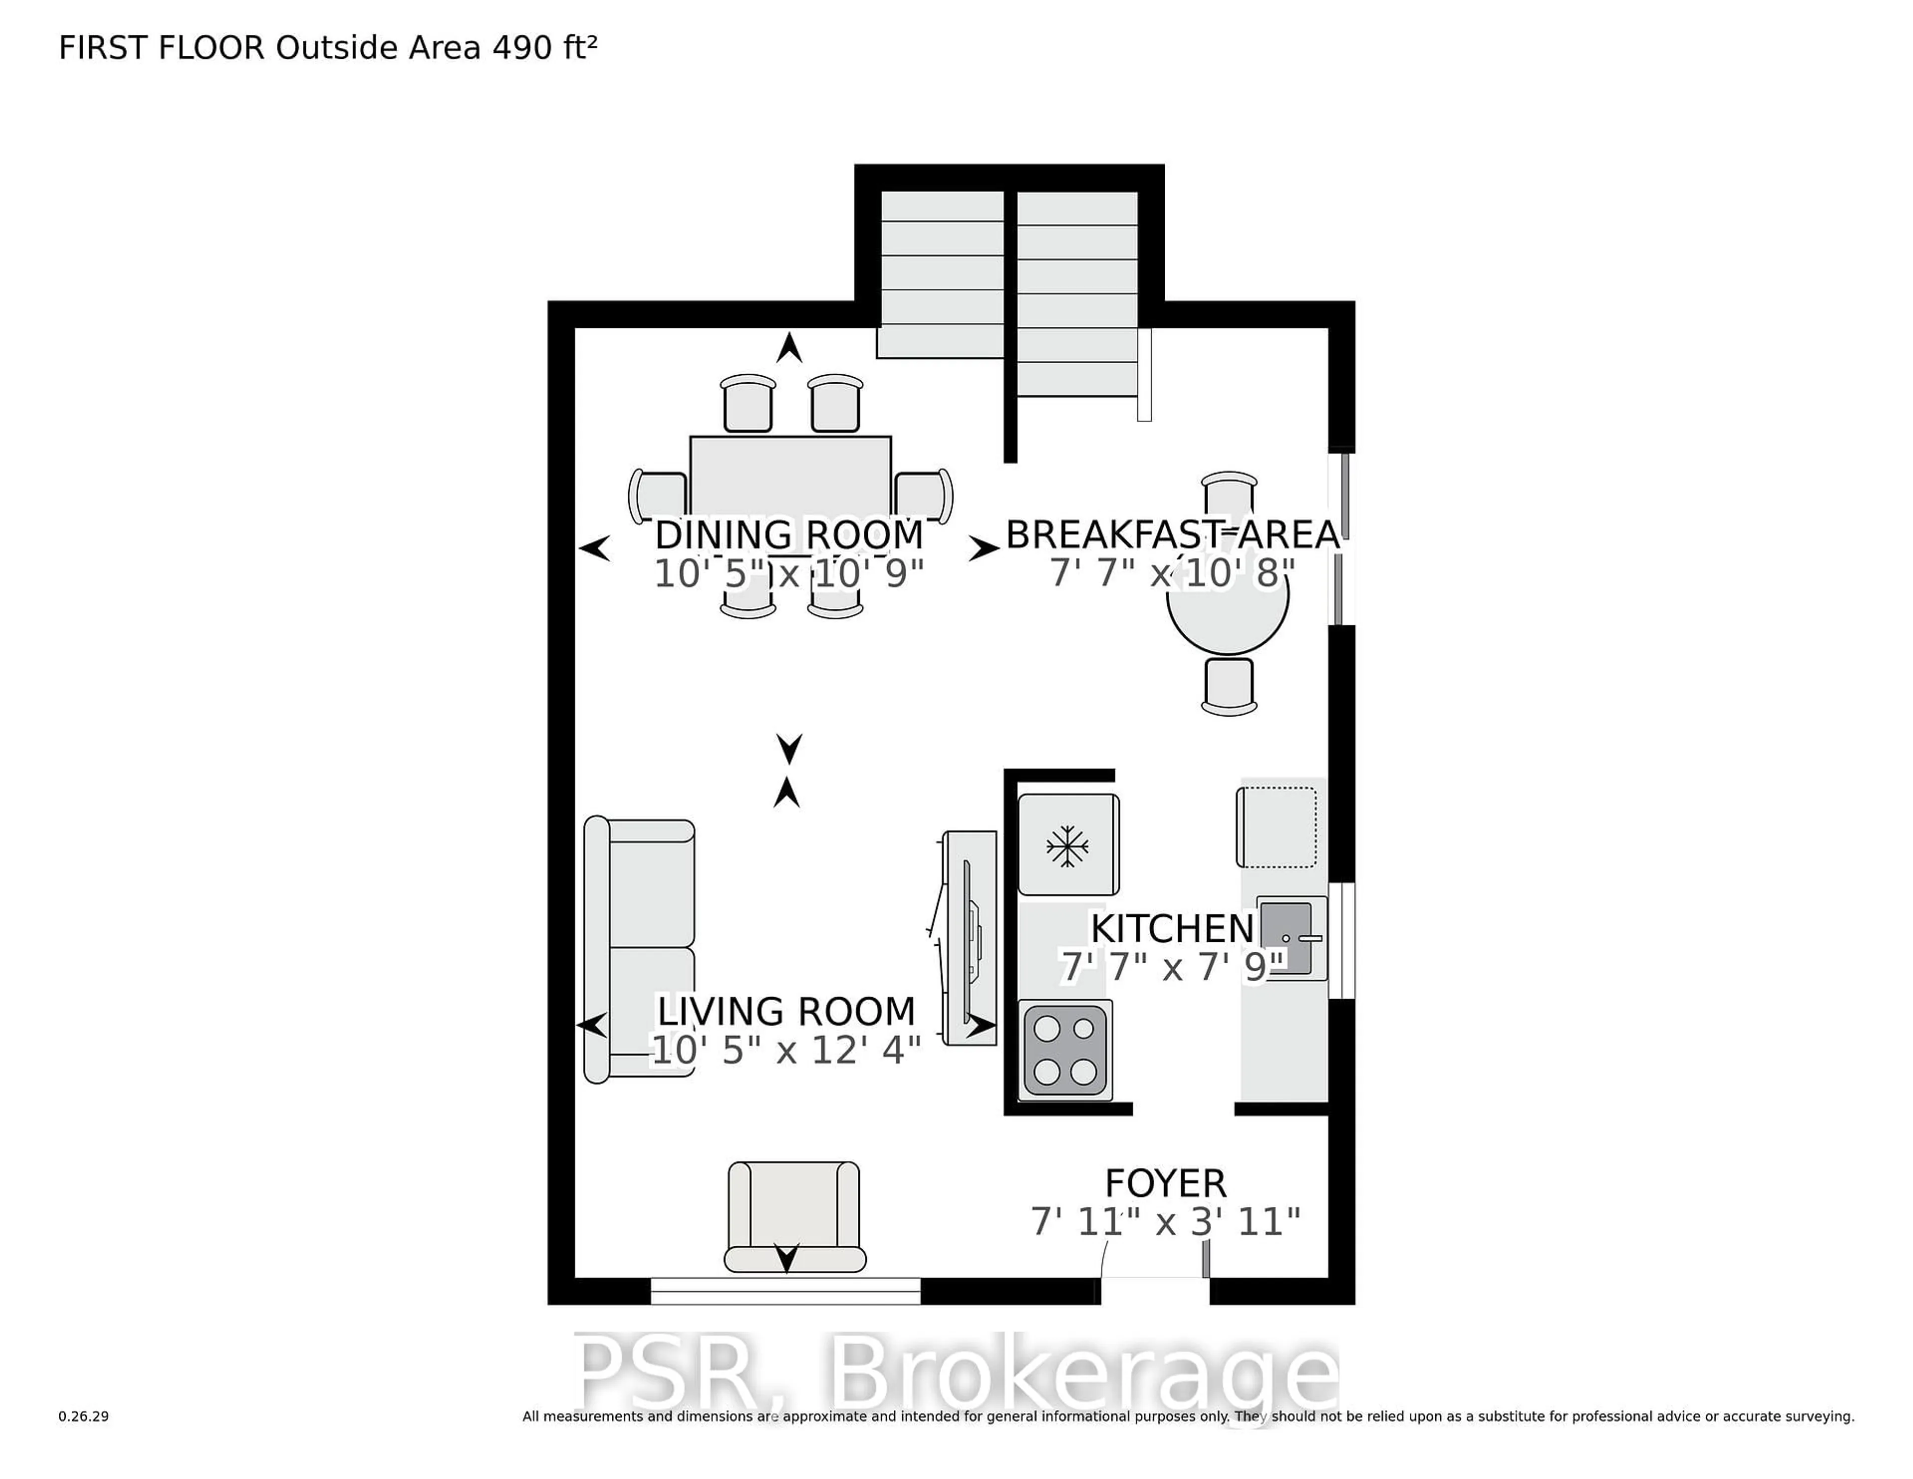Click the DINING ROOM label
[788, 535]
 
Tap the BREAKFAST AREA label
[1172, 535]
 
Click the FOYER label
[1165, 1183]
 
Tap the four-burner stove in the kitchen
[1065, 1049]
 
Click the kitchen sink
[1288, 937]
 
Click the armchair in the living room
[794, 1216]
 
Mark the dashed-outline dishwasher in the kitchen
[1276, 827]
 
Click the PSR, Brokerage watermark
[955, 1374]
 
